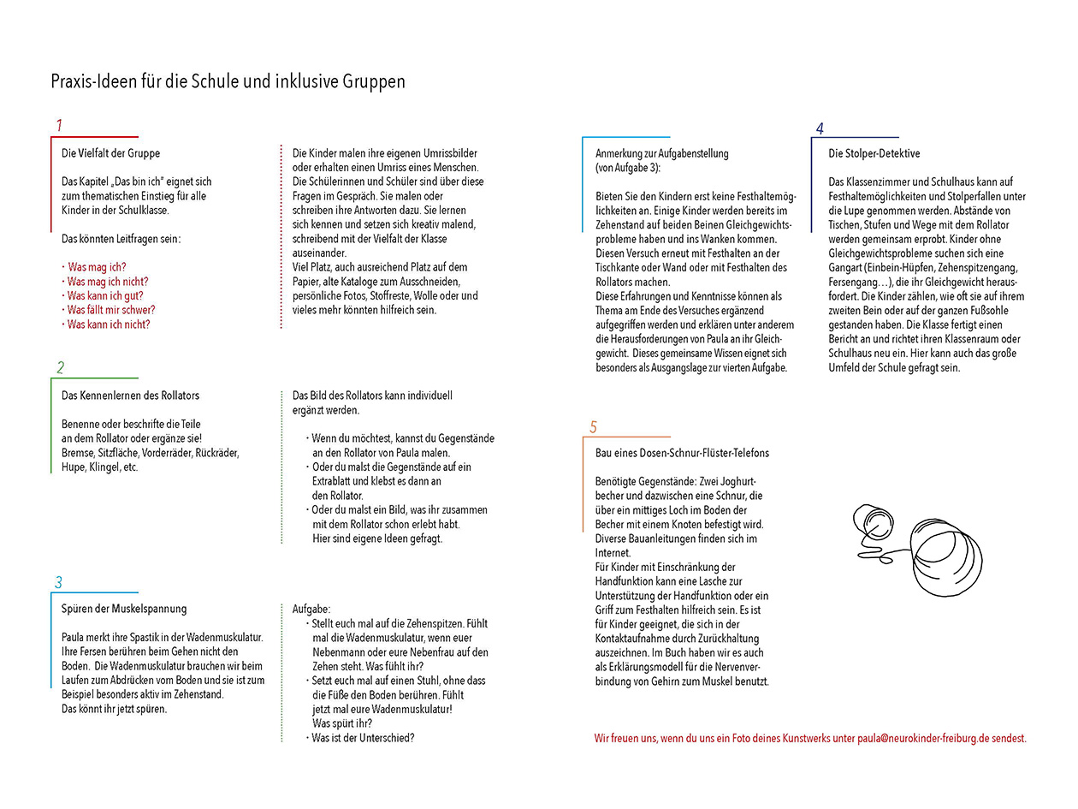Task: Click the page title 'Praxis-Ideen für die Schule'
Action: tap(228, 82)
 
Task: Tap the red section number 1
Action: tap(59, 126)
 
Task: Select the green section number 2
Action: tap(60, 368)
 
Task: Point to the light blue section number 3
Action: tap(58, 583)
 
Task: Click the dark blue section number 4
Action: tap(819, 129)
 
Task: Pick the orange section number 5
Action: tap(593, 427)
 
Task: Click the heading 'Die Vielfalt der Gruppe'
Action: tap(110, 153)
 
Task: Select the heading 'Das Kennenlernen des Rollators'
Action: tap(130, 396)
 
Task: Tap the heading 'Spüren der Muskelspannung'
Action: tap(124, 609)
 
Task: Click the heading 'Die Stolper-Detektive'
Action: tap(874, 153)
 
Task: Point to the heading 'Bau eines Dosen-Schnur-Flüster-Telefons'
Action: tap(682, 453)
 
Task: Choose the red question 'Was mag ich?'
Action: tap(97, 267)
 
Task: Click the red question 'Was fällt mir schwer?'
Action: tap(110, 310)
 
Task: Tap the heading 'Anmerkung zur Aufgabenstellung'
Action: tap(661, 153)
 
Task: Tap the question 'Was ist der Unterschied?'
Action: tap(362, 737)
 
